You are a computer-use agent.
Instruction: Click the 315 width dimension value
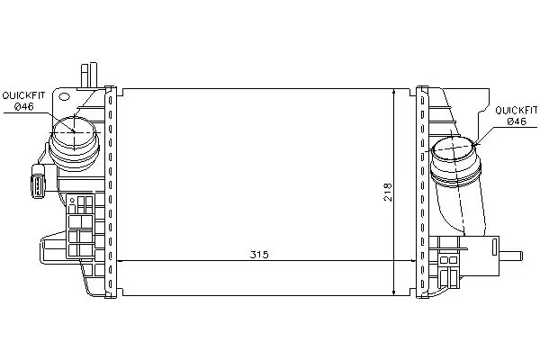pos(259,255)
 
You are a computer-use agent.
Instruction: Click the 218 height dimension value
pos(388,192)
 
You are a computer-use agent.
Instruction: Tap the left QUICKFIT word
pos(23,95)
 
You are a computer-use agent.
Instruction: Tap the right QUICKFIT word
pos(517,110)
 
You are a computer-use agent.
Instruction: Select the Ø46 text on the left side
pos(23,107)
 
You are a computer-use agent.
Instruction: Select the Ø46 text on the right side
pos(517,121)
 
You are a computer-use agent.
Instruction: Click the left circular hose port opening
pos(75,131)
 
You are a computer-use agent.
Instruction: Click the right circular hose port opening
pos(454,148)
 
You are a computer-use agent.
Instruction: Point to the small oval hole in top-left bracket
pos(64,96)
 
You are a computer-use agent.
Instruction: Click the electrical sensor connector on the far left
pos(38,182)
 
